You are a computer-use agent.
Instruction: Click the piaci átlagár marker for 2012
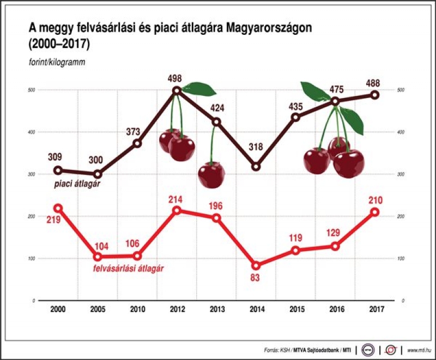pyautogui.click(x=177, y=90)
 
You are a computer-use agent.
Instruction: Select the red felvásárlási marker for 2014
pyautogui.click(x=256, y=265)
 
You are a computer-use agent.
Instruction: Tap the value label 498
pyautogui.click(x=175, y=78)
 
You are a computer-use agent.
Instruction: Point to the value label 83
pyautogui.click(x=256, y=278)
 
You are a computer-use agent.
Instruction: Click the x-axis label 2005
pyautogui.click(x=98, y=309)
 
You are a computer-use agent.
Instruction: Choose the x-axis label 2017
pyautogui.click(x=375, y=309)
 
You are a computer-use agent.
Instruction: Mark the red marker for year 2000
pyautogui.click(x=58, y=208)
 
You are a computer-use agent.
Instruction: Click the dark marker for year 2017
pyautogui.click(x=375, y=94)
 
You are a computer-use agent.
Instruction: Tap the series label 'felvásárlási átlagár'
pyautogui.click(x=128, y=269)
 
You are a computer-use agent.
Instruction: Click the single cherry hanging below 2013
pyautogui.click(x=211, y=175)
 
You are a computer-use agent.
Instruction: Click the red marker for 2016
pyautogui.click(x=335, y=246)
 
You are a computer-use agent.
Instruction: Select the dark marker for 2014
pyautogui.click(x=256, y=167)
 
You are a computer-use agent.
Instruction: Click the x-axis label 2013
pyautogui.click(x=216, y=309)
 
